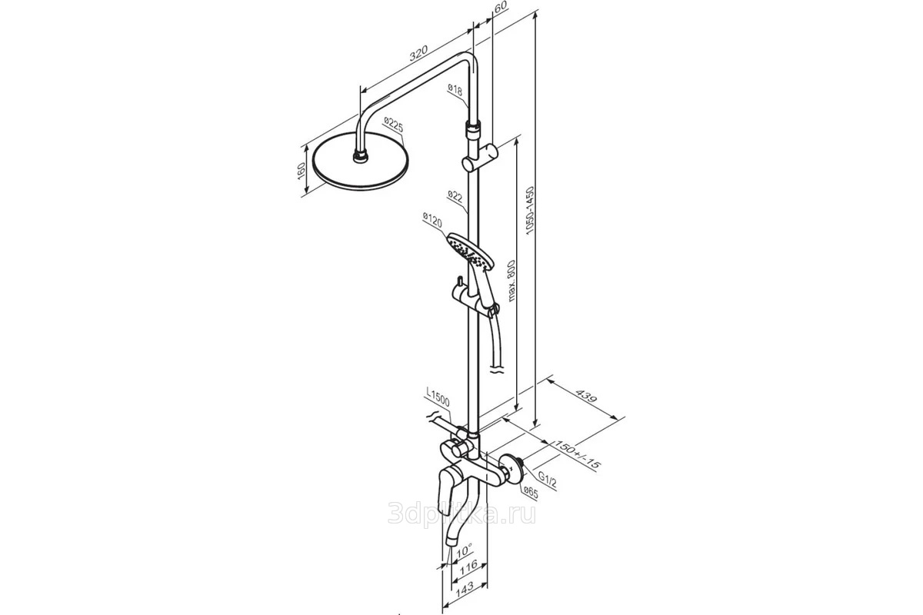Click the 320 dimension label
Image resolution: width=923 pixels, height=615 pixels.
(418, 53)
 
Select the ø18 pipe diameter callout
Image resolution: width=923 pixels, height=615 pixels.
(455, 89)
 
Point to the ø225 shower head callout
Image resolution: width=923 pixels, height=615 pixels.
(393, 125)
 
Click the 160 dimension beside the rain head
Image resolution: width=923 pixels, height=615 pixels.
(302, 171)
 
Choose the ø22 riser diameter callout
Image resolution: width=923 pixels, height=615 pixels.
(455, 196)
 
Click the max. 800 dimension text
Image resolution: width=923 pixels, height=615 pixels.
(511, 281)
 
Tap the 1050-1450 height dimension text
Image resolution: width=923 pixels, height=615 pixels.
(530, 211)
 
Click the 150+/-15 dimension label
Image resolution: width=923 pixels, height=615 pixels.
(577, 454)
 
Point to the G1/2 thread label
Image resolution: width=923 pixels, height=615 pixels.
(548, 480)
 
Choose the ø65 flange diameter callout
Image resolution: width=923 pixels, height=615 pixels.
(531, 493)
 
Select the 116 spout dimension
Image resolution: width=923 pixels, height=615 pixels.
(468, 566)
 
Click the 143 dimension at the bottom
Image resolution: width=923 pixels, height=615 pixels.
(465, 588)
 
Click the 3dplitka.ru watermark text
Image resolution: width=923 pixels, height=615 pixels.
(462, 514)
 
